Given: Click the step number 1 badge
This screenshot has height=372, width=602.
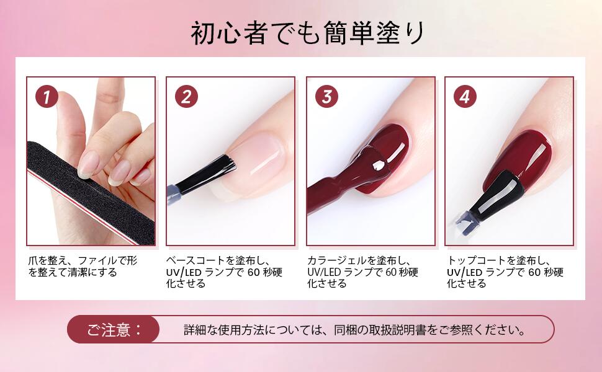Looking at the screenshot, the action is click(x=47, y=96).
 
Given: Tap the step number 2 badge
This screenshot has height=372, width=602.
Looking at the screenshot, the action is click(x=187, y=96).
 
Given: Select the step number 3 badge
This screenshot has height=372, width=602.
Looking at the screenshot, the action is click(x=326, y=96).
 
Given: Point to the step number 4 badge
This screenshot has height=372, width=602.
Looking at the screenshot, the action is click(x=465, y=96).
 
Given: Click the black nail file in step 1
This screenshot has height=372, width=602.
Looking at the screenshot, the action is click(x=91, y=192).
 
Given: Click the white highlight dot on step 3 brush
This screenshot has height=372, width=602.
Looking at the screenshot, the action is click(x=379, y=166).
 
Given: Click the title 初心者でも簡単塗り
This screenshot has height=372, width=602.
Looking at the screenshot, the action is click(x=308, y=33).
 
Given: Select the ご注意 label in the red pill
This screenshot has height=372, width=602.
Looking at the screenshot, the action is click(x=114, y=330).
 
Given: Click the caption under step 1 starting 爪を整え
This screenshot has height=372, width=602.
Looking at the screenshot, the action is click(x=83, y=267).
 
